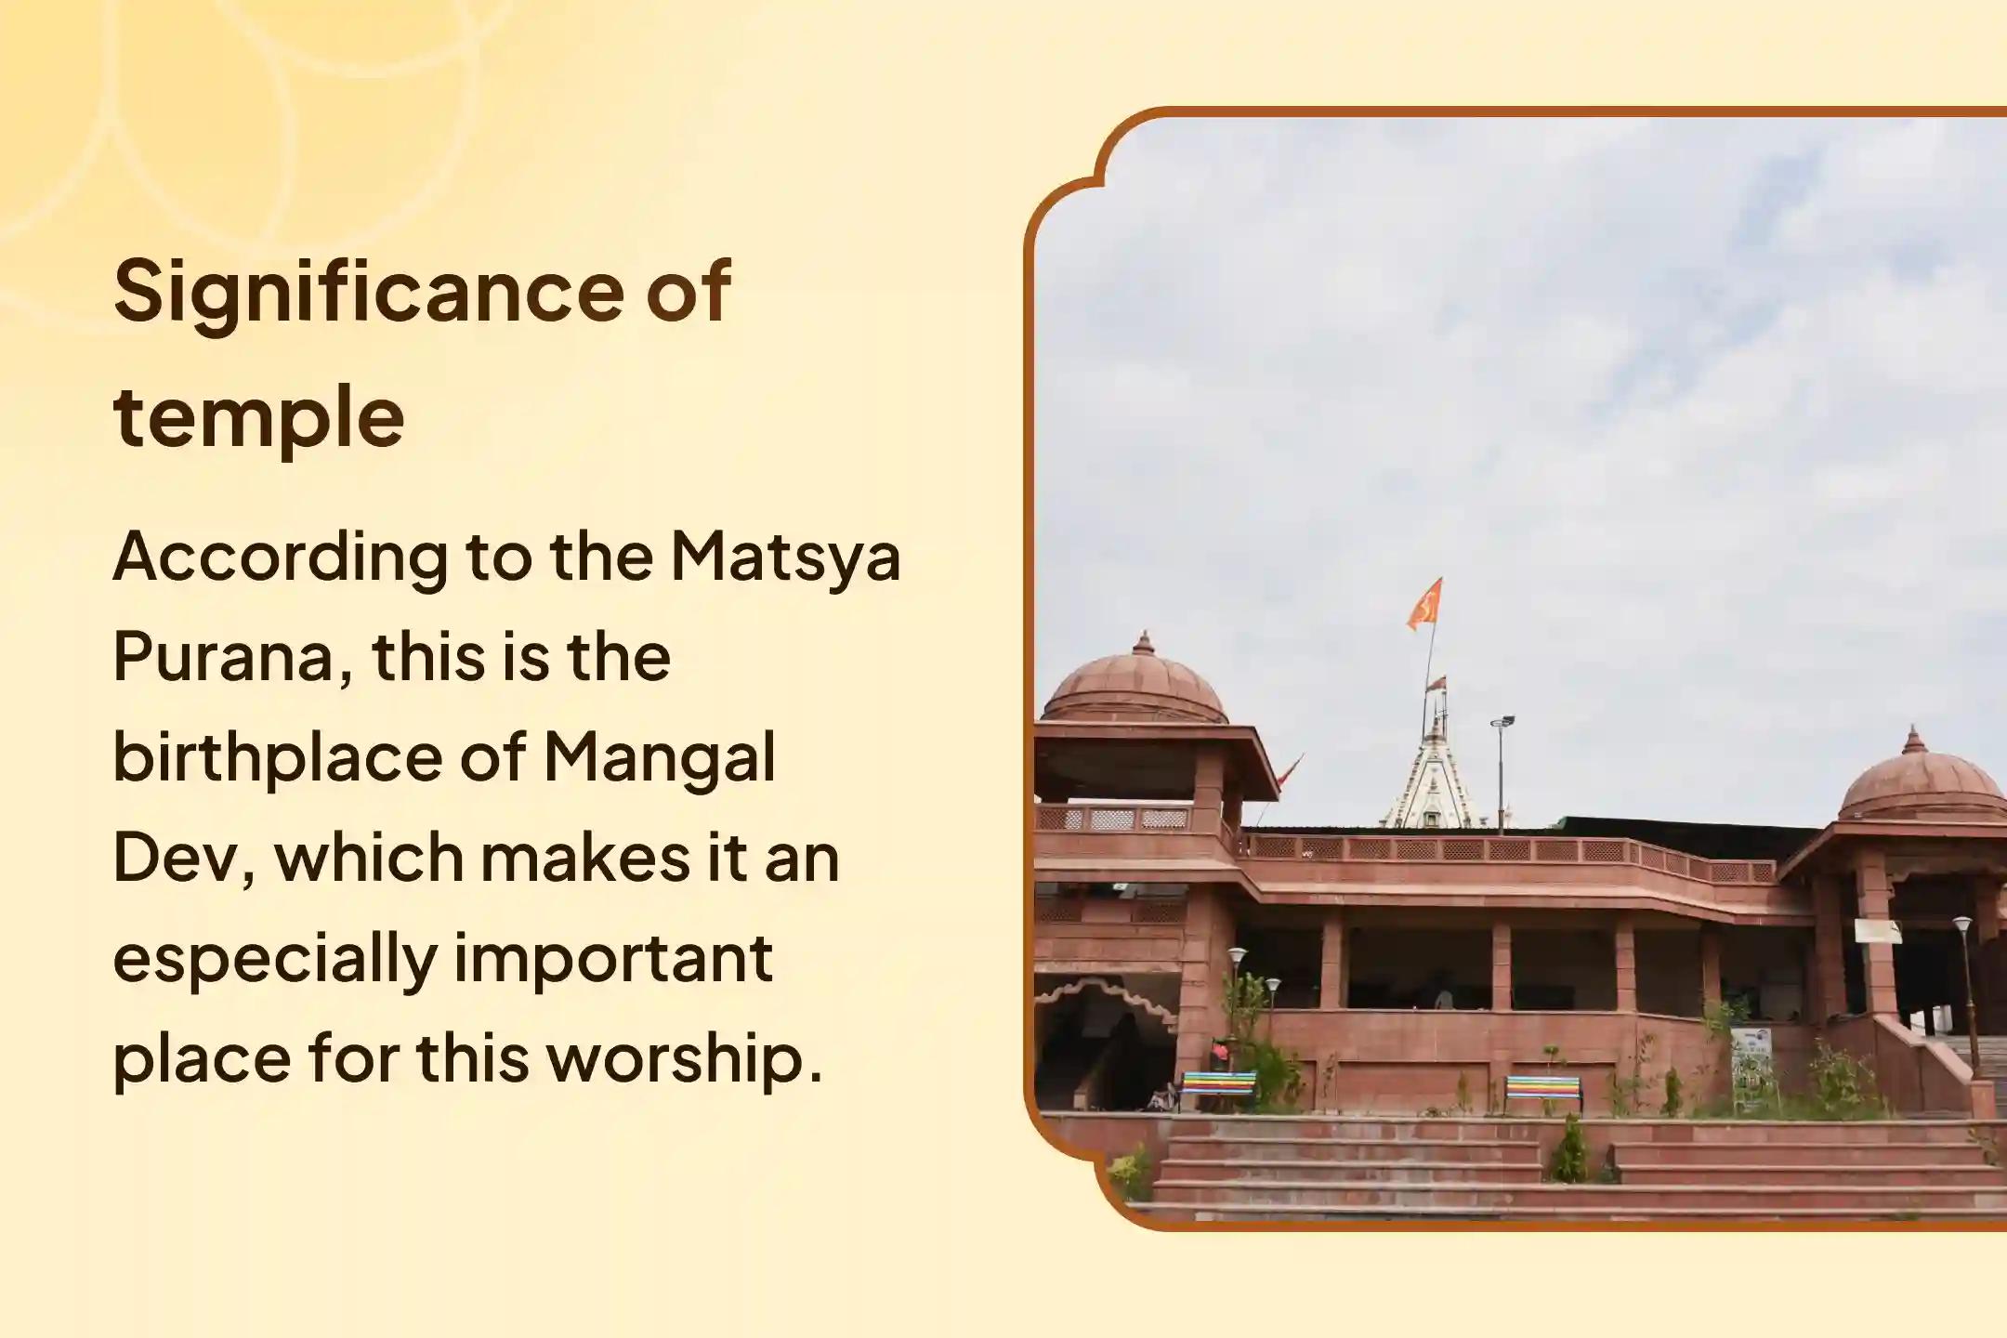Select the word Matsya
point(785,557)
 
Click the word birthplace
point(275,758)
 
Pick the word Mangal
point(659,758)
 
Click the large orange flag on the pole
point(1424,604)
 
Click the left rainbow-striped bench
point(1217,1085)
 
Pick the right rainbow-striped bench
point(1543,1089)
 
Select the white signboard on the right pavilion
point(1877,931)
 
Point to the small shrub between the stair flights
point(1570,1152)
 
